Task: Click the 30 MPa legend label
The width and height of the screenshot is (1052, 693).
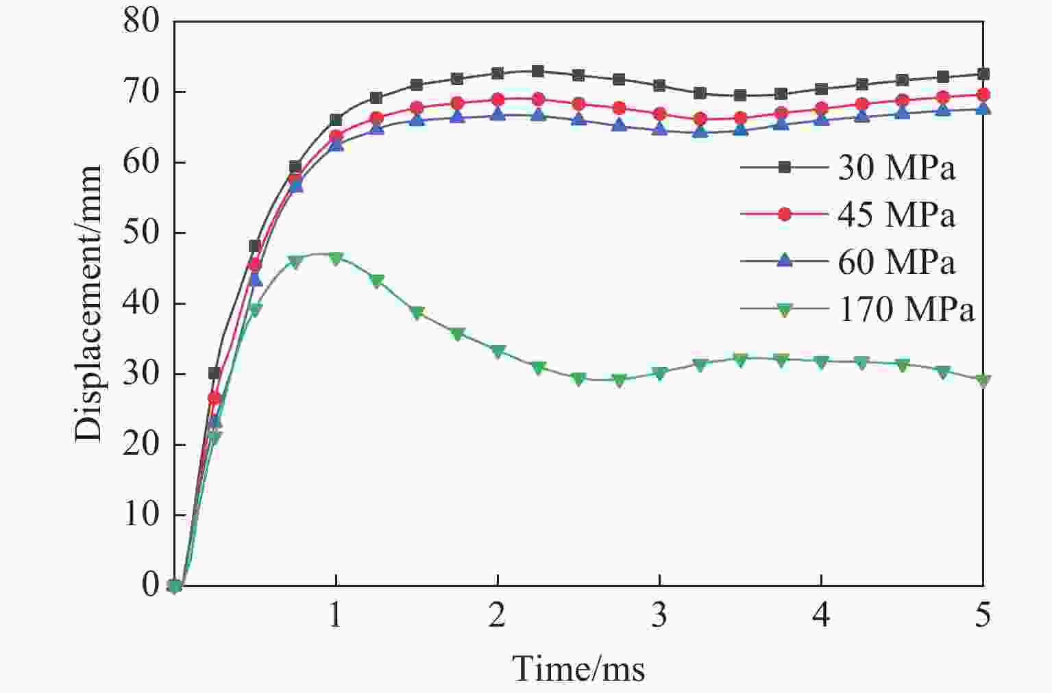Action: [x=896, y=168]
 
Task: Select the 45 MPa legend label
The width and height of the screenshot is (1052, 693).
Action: [x=896, y=215]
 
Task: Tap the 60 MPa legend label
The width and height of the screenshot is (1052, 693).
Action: [x=896, y=262]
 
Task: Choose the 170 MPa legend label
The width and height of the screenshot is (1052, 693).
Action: [x=906, y=310]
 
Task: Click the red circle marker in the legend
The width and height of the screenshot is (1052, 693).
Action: [x=785, y=214]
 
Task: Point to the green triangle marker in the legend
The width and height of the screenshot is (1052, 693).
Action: [x=785, y=310]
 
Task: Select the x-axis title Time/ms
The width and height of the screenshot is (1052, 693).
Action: [x=578, y=668]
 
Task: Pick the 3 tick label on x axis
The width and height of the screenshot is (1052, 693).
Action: [x=659, y=616]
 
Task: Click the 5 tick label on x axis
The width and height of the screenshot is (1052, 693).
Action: [x=983, y=616]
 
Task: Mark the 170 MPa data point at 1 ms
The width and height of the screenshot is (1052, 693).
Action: [x=336, y=258]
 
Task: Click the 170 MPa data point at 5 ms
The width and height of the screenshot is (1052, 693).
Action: [x=983, y=381]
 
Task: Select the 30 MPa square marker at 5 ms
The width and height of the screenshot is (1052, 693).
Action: [x=983, y=74]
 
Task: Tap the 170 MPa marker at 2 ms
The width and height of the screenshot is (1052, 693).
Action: [x=498, y=351]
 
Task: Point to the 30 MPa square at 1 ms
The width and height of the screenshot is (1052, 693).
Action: [x=336, y=120]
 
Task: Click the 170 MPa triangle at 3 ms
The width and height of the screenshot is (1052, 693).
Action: [x=659, y=373]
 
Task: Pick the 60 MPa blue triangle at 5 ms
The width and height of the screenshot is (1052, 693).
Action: [x=983, y=108]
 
